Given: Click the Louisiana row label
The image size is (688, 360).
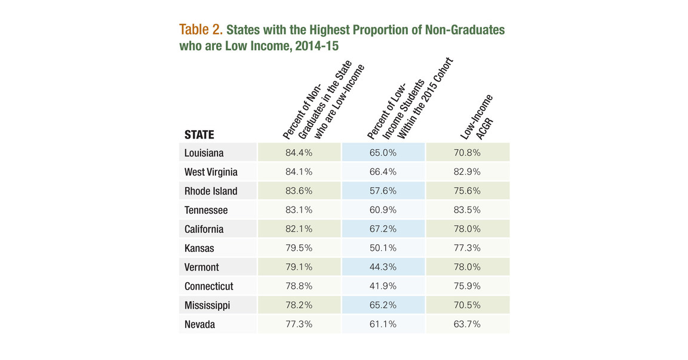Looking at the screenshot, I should (x=204, y=153).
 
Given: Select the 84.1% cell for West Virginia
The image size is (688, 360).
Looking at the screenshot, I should (x=299, y=172).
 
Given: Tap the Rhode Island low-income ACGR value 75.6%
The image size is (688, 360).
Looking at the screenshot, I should (x=467, y=191).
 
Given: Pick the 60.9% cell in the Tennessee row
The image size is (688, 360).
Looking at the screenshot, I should (x=383, y=210).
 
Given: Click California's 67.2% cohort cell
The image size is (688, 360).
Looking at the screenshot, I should (x=383, y=229).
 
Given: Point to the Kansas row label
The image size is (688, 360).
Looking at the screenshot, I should (x=199, y=248).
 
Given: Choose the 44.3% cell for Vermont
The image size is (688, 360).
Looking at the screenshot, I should (x=383, y=267).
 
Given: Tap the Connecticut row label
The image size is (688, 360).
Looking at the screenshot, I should (x=208, y=287).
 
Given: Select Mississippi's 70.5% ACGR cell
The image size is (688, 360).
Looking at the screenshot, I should (x=467, y=306).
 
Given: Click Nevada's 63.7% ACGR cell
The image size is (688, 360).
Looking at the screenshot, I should (x=467, y=325).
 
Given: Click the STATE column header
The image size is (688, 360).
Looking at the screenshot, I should (x=199, y=135).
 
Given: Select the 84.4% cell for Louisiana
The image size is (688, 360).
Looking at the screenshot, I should (x=299, y=153).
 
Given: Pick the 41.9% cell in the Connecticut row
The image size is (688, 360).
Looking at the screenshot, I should (x=383, y=287).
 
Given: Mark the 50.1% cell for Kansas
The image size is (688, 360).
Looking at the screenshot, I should (x=383, y=248).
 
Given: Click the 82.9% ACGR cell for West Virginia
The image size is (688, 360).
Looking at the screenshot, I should (x=467, y=172).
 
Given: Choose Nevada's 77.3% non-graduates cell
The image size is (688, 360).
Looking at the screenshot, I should (x=299, y=325).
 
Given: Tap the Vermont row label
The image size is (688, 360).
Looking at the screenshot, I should (x=201, y=267).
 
